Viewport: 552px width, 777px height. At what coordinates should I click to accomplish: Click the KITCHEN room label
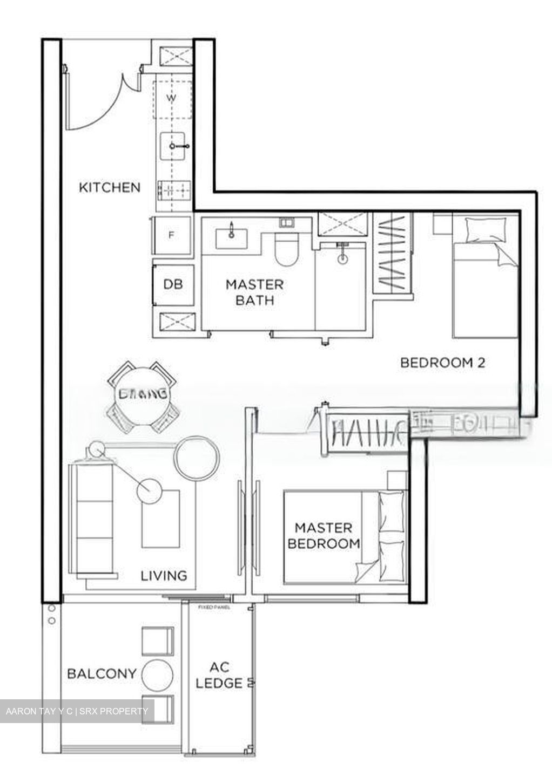(x=110, y=188)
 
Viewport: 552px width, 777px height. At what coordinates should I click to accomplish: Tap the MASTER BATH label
(x=254, y=292)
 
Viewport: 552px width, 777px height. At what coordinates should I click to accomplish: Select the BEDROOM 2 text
(x=442, y=363)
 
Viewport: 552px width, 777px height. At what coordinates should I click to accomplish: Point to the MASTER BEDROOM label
(x=324, y=535)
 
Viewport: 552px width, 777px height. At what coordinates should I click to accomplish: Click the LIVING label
(x=164, y=576)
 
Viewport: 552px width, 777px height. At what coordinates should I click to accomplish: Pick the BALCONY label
(x=102, y=674)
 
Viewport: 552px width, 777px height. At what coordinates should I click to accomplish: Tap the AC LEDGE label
(x=219, y=675)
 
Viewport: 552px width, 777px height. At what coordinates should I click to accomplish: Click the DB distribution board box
(x=173, y=284)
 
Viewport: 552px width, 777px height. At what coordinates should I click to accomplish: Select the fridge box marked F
(x=172, y=235)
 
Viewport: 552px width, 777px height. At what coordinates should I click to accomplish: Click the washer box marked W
(x=172, y=99)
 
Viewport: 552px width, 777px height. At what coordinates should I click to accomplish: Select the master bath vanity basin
(x=232, y=237)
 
